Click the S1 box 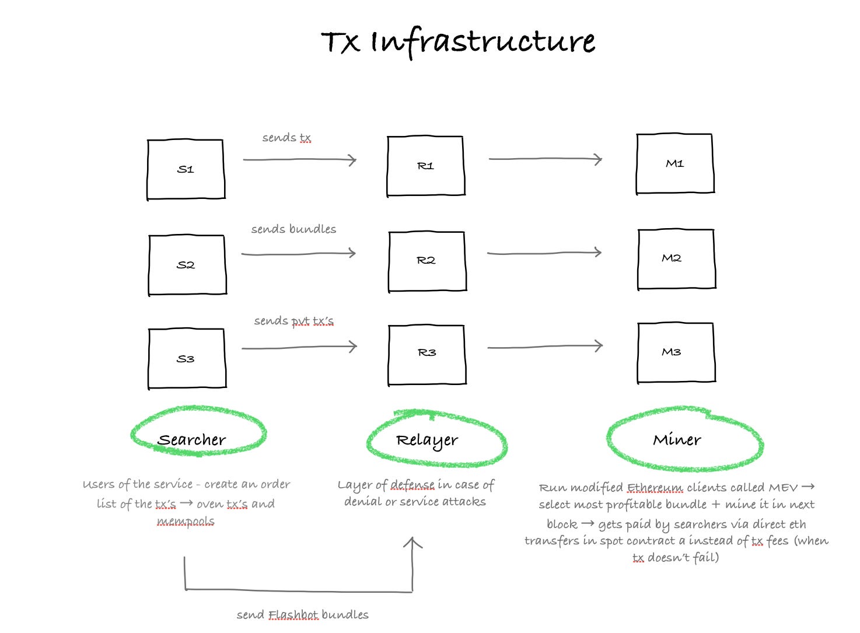(186, 169)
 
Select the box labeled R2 (427, 261)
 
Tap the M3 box (676, 352)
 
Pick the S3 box (187, 359)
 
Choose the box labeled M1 (675, 164)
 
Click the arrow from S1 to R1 (299, 160)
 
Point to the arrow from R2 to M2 (544, 253)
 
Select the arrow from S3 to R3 (299, 348)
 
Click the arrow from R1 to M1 (545, 159)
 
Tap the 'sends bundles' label (293, 229)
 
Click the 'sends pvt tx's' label (293, 321)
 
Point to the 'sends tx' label (286, 138)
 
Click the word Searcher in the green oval (192, 439)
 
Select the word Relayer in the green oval (427, 440)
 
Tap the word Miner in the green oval (677, 439)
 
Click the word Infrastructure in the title (483, 42)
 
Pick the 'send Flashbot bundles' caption (302, 615)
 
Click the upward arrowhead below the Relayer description (412, 544)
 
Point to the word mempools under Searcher (186, 521)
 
